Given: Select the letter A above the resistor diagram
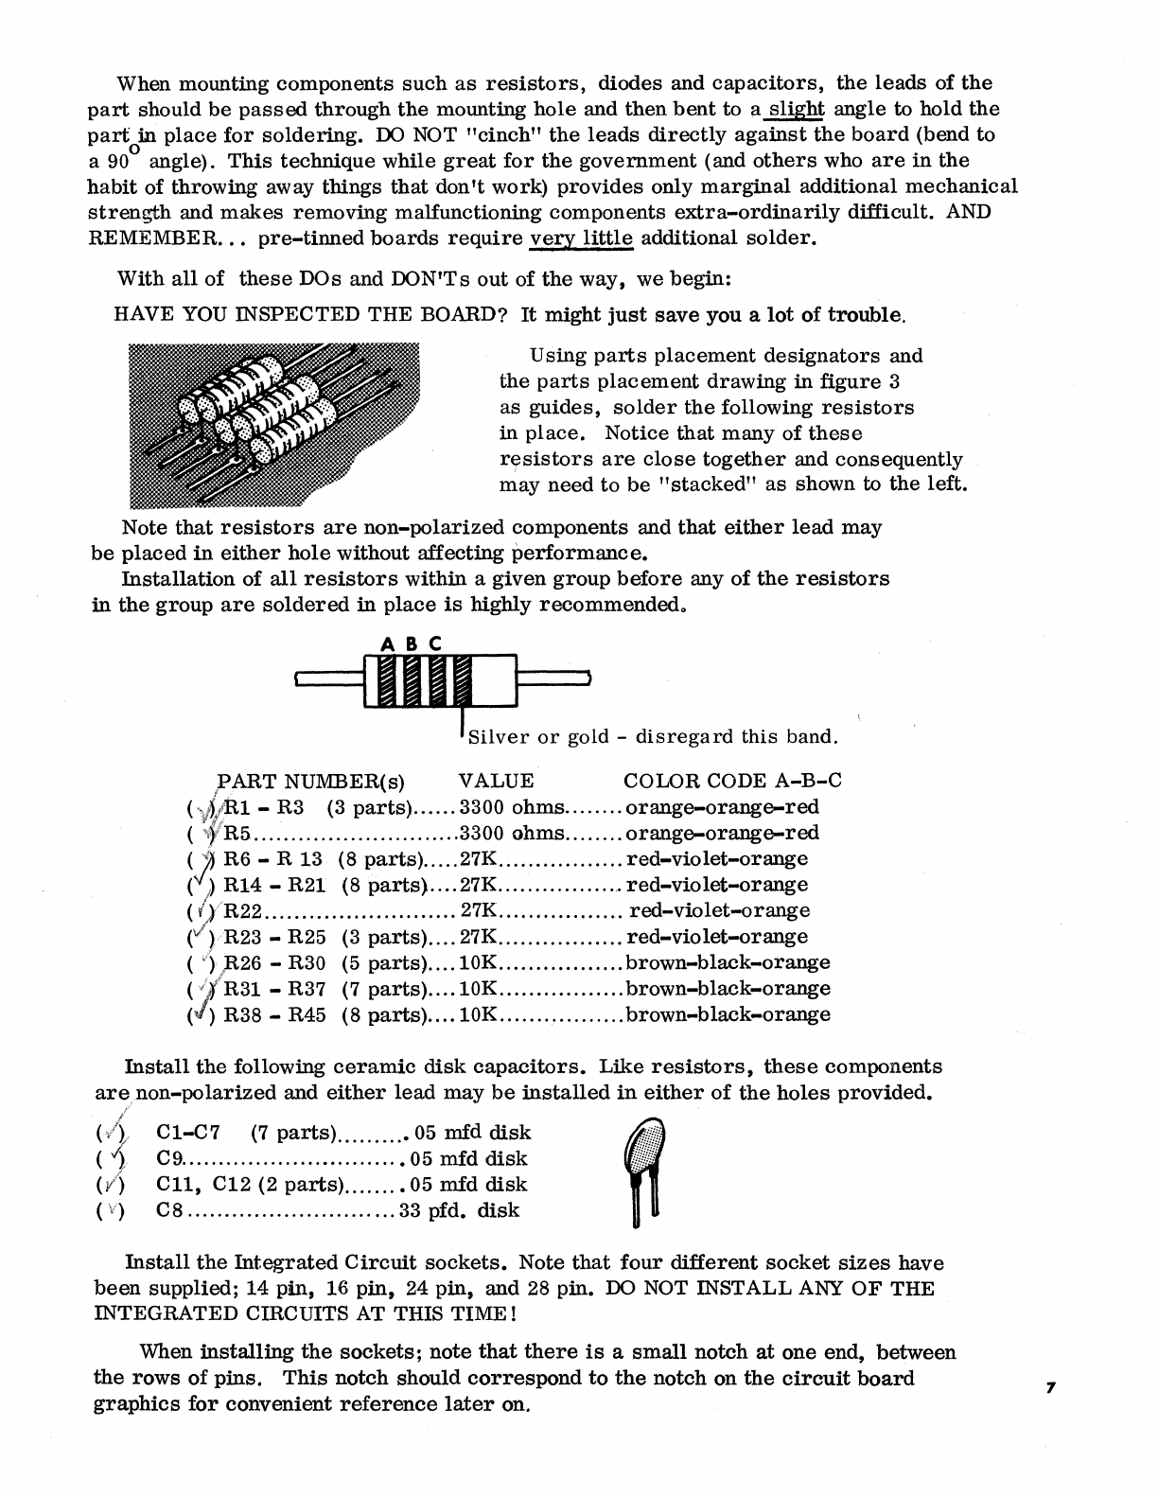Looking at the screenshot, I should [x=386, y=644].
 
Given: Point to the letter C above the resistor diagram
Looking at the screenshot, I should [x=436, y=644].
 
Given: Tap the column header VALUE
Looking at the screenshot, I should [x=496, y=781].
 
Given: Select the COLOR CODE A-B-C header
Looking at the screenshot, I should [x=732, y=781].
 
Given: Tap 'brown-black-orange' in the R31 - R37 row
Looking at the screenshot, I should [x=728, y=989].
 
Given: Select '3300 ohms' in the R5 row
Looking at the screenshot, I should [x=512, y=834].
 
